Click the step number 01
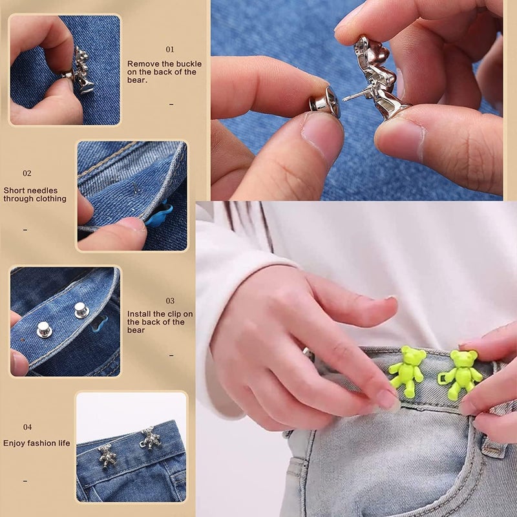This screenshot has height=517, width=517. (170, 49)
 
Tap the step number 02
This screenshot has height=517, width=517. (27, 173)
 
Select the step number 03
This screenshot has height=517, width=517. (170, 301)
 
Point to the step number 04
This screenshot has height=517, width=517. (27, 427)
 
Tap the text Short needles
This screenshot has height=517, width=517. (30, 191)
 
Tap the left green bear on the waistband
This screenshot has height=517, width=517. (407, 371)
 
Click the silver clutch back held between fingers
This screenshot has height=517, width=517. (324, 101)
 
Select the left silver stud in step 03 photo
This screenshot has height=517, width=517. (44, 330)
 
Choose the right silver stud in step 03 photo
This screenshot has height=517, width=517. (81, 310)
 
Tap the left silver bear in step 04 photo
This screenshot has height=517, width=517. (107, 456)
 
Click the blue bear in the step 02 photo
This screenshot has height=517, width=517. (159, 215)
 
